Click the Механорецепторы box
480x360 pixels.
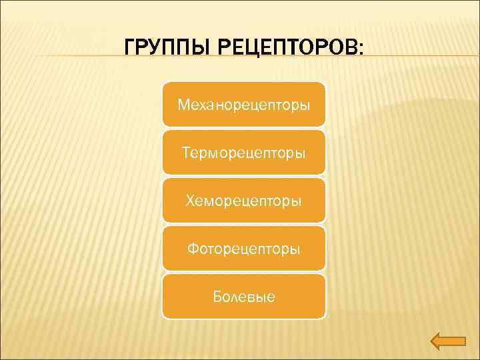tap(244, 105)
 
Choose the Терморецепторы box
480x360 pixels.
tap(244, 153)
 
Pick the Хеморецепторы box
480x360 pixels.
tap(244, 201)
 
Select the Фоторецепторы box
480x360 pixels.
tap(244, 249)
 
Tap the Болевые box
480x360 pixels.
tap(244, 297)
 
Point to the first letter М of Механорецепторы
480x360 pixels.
tap(183, 105)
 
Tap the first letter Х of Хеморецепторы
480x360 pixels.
tap(190, 201)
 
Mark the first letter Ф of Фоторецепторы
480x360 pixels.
tap(193, 249)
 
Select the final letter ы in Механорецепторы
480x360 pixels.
tap(304, 105)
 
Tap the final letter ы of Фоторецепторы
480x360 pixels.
tap(295, 249)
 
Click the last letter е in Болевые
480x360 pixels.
tap(270, 297)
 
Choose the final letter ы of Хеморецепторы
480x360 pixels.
tap(297, 201)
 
